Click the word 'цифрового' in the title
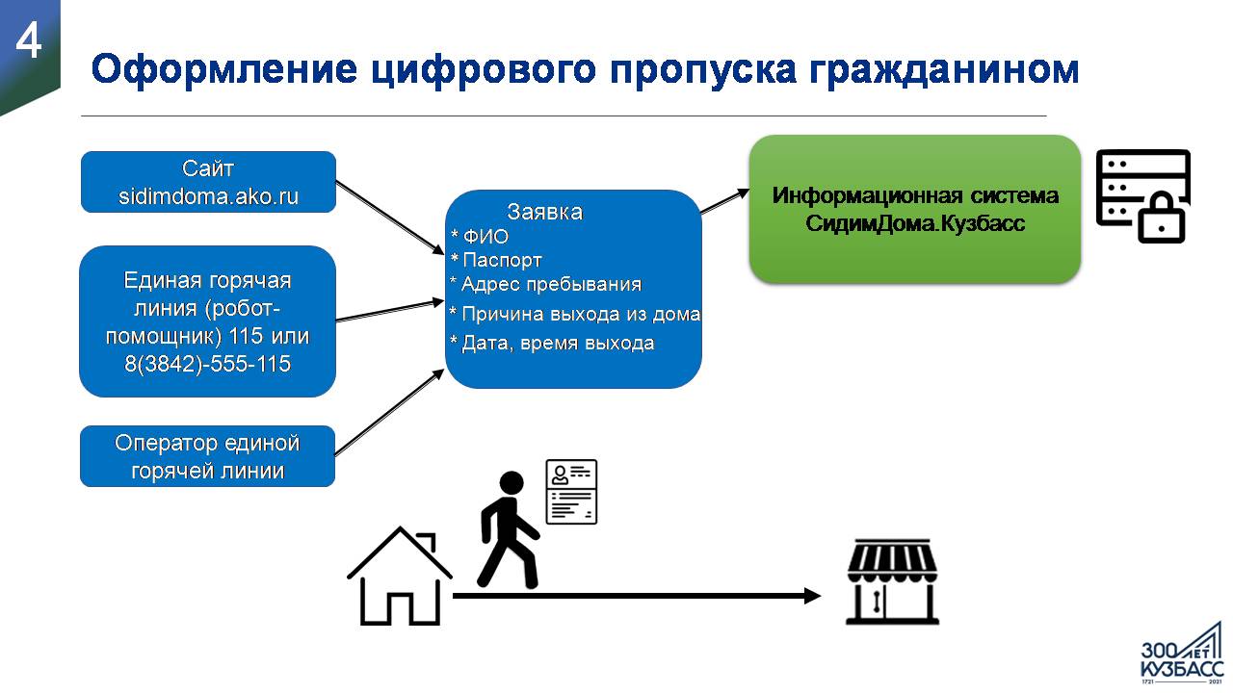484,69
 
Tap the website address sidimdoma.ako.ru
208,196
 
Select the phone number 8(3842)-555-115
207,364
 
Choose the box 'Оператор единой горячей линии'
207,456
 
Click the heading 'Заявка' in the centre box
544,212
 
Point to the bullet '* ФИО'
480,237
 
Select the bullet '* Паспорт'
496,260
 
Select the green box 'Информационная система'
915,209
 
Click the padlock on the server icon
1161,218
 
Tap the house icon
400,577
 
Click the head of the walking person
512,483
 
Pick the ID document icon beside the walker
571,492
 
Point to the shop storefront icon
892,582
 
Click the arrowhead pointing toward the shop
812,596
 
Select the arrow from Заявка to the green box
725,201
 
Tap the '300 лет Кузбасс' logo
1182,654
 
